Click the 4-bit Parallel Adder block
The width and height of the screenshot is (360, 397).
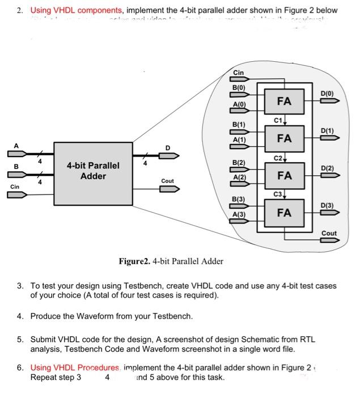click(93, 171)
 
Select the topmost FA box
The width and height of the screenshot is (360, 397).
click(284, 101)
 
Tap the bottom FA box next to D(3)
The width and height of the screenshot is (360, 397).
click(284, 213)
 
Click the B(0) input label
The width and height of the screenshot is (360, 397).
click(239, 88)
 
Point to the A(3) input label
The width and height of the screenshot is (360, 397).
click(239, 214)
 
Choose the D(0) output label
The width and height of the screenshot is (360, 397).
click(328, 93)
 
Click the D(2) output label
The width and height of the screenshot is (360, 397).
click(328, 168)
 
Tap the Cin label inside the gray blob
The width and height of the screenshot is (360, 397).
click(239, 73)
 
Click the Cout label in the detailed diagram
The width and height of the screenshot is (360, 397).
click(329, 233)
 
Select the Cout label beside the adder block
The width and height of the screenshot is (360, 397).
click(168, 181)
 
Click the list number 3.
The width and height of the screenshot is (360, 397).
click(20, 286)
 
